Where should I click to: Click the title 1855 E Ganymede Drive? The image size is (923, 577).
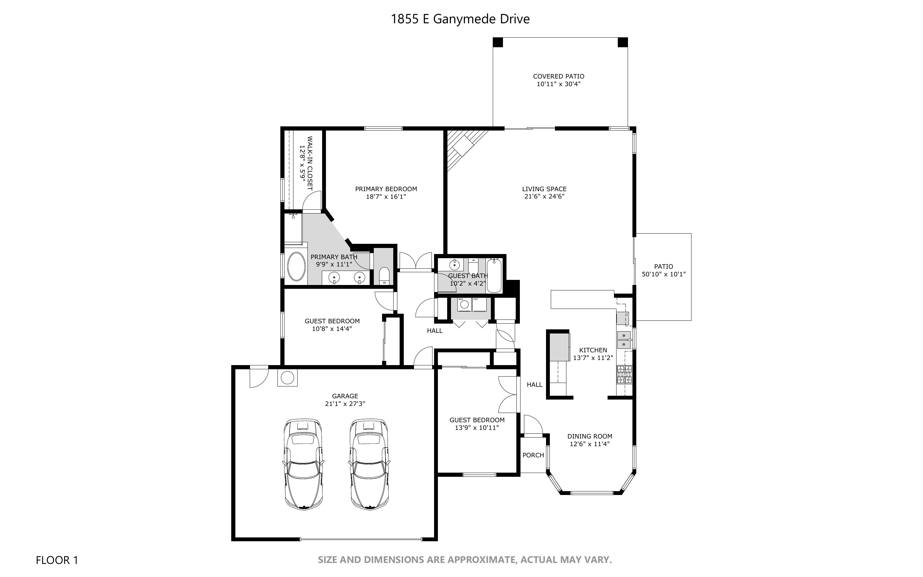tap(460, 19)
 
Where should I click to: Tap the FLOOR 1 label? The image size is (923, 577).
tap(57, 560)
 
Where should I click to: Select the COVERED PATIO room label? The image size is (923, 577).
tap(558, 76)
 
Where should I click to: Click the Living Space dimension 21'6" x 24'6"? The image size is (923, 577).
tap(544, 197)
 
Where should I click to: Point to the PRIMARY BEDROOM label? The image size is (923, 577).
tap(386, 189)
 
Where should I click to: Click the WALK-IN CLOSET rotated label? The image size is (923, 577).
tap(310, 163)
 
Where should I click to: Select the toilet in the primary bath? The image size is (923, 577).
tap(384, 275)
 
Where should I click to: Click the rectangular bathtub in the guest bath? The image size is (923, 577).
tap(494, 275)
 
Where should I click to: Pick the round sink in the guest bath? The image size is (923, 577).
tap(454, 264)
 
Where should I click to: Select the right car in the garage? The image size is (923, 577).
tap(369, 464)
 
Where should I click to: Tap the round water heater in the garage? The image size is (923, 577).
tap(287, 378)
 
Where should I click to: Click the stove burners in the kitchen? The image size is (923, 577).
tap(624, 374)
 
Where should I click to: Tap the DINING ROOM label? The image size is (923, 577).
tap(590, 436)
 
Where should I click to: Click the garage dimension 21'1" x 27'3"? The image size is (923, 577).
tap(345, 404)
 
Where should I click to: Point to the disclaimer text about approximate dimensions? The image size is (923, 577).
tap(465, 560)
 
